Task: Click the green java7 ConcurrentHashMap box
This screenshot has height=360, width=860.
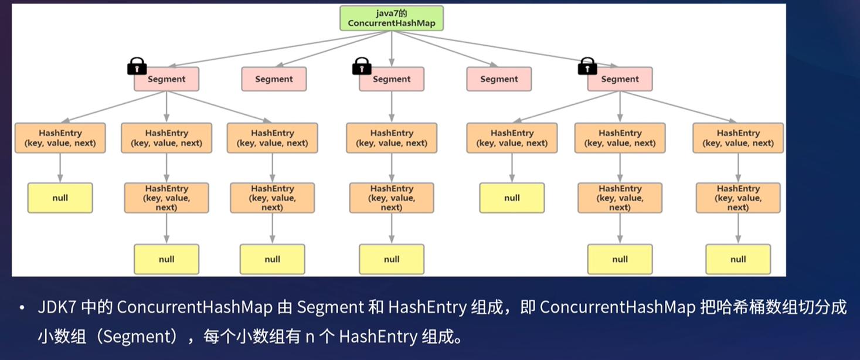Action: coord(392,18)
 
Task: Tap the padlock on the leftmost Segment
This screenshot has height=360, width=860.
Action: coord(137,66)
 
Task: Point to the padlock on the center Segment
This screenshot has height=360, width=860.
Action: coord(362,66)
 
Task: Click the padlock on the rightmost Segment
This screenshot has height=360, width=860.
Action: coord(587,66)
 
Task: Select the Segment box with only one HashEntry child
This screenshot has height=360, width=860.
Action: coord(392,79)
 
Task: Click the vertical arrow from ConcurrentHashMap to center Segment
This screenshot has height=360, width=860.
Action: coord(392,49)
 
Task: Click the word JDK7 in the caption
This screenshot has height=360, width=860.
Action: coord(57,307)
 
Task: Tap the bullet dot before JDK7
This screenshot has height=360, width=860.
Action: coord(22,308)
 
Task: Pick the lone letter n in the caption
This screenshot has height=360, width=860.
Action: coord(310,337)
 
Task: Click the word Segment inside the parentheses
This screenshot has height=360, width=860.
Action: coord(140,337)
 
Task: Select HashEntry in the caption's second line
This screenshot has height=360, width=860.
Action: coord(378,337)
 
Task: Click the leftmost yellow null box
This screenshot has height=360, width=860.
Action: coord(60,198)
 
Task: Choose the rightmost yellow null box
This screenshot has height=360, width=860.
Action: coord(738,259)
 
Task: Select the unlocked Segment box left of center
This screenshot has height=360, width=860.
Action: coord(274,79)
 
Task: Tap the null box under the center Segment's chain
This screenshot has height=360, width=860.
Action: coord(392,259)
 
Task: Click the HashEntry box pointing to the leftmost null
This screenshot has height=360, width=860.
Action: coord(60,138)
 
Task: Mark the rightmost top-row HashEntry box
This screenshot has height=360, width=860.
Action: coord(738,138)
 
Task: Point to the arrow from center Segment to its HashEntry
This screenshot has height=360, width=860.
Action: coord(392,107)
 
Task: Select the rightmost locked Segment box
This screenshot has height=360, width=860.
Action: coord(620,79)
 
